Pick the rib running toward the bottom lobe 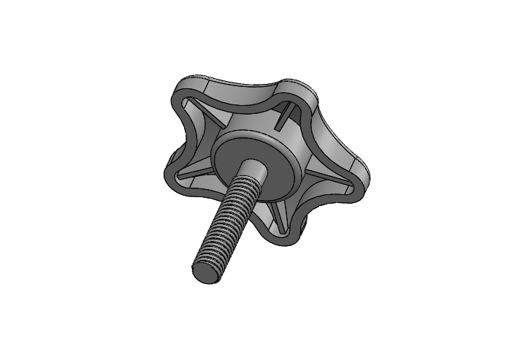click(275, 212)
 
